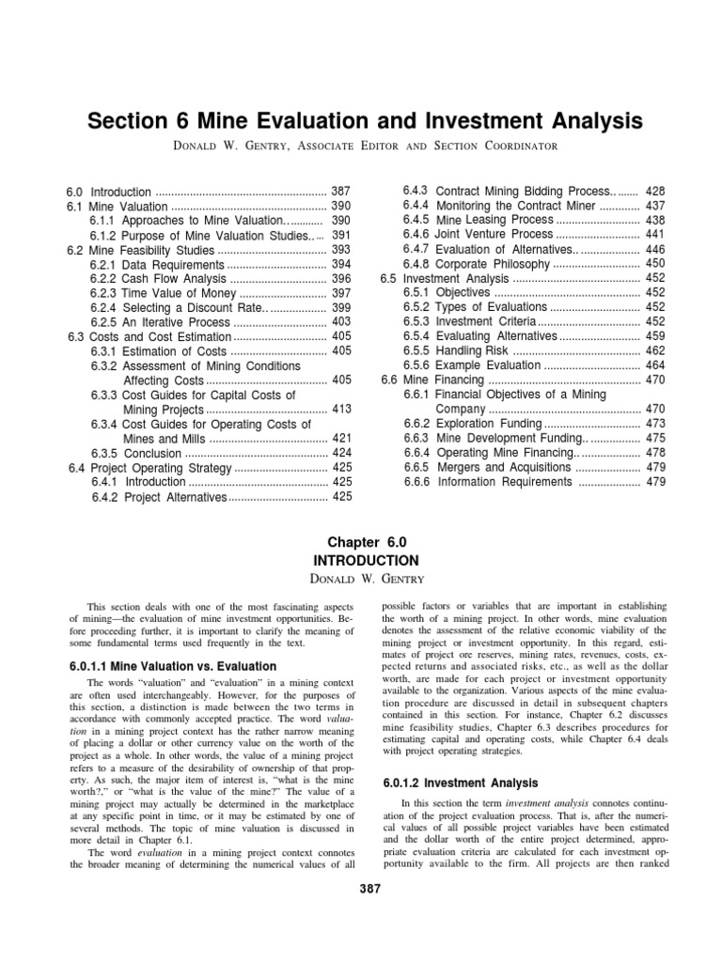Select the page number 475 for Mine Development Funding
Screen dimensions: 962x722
[656, 437]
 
